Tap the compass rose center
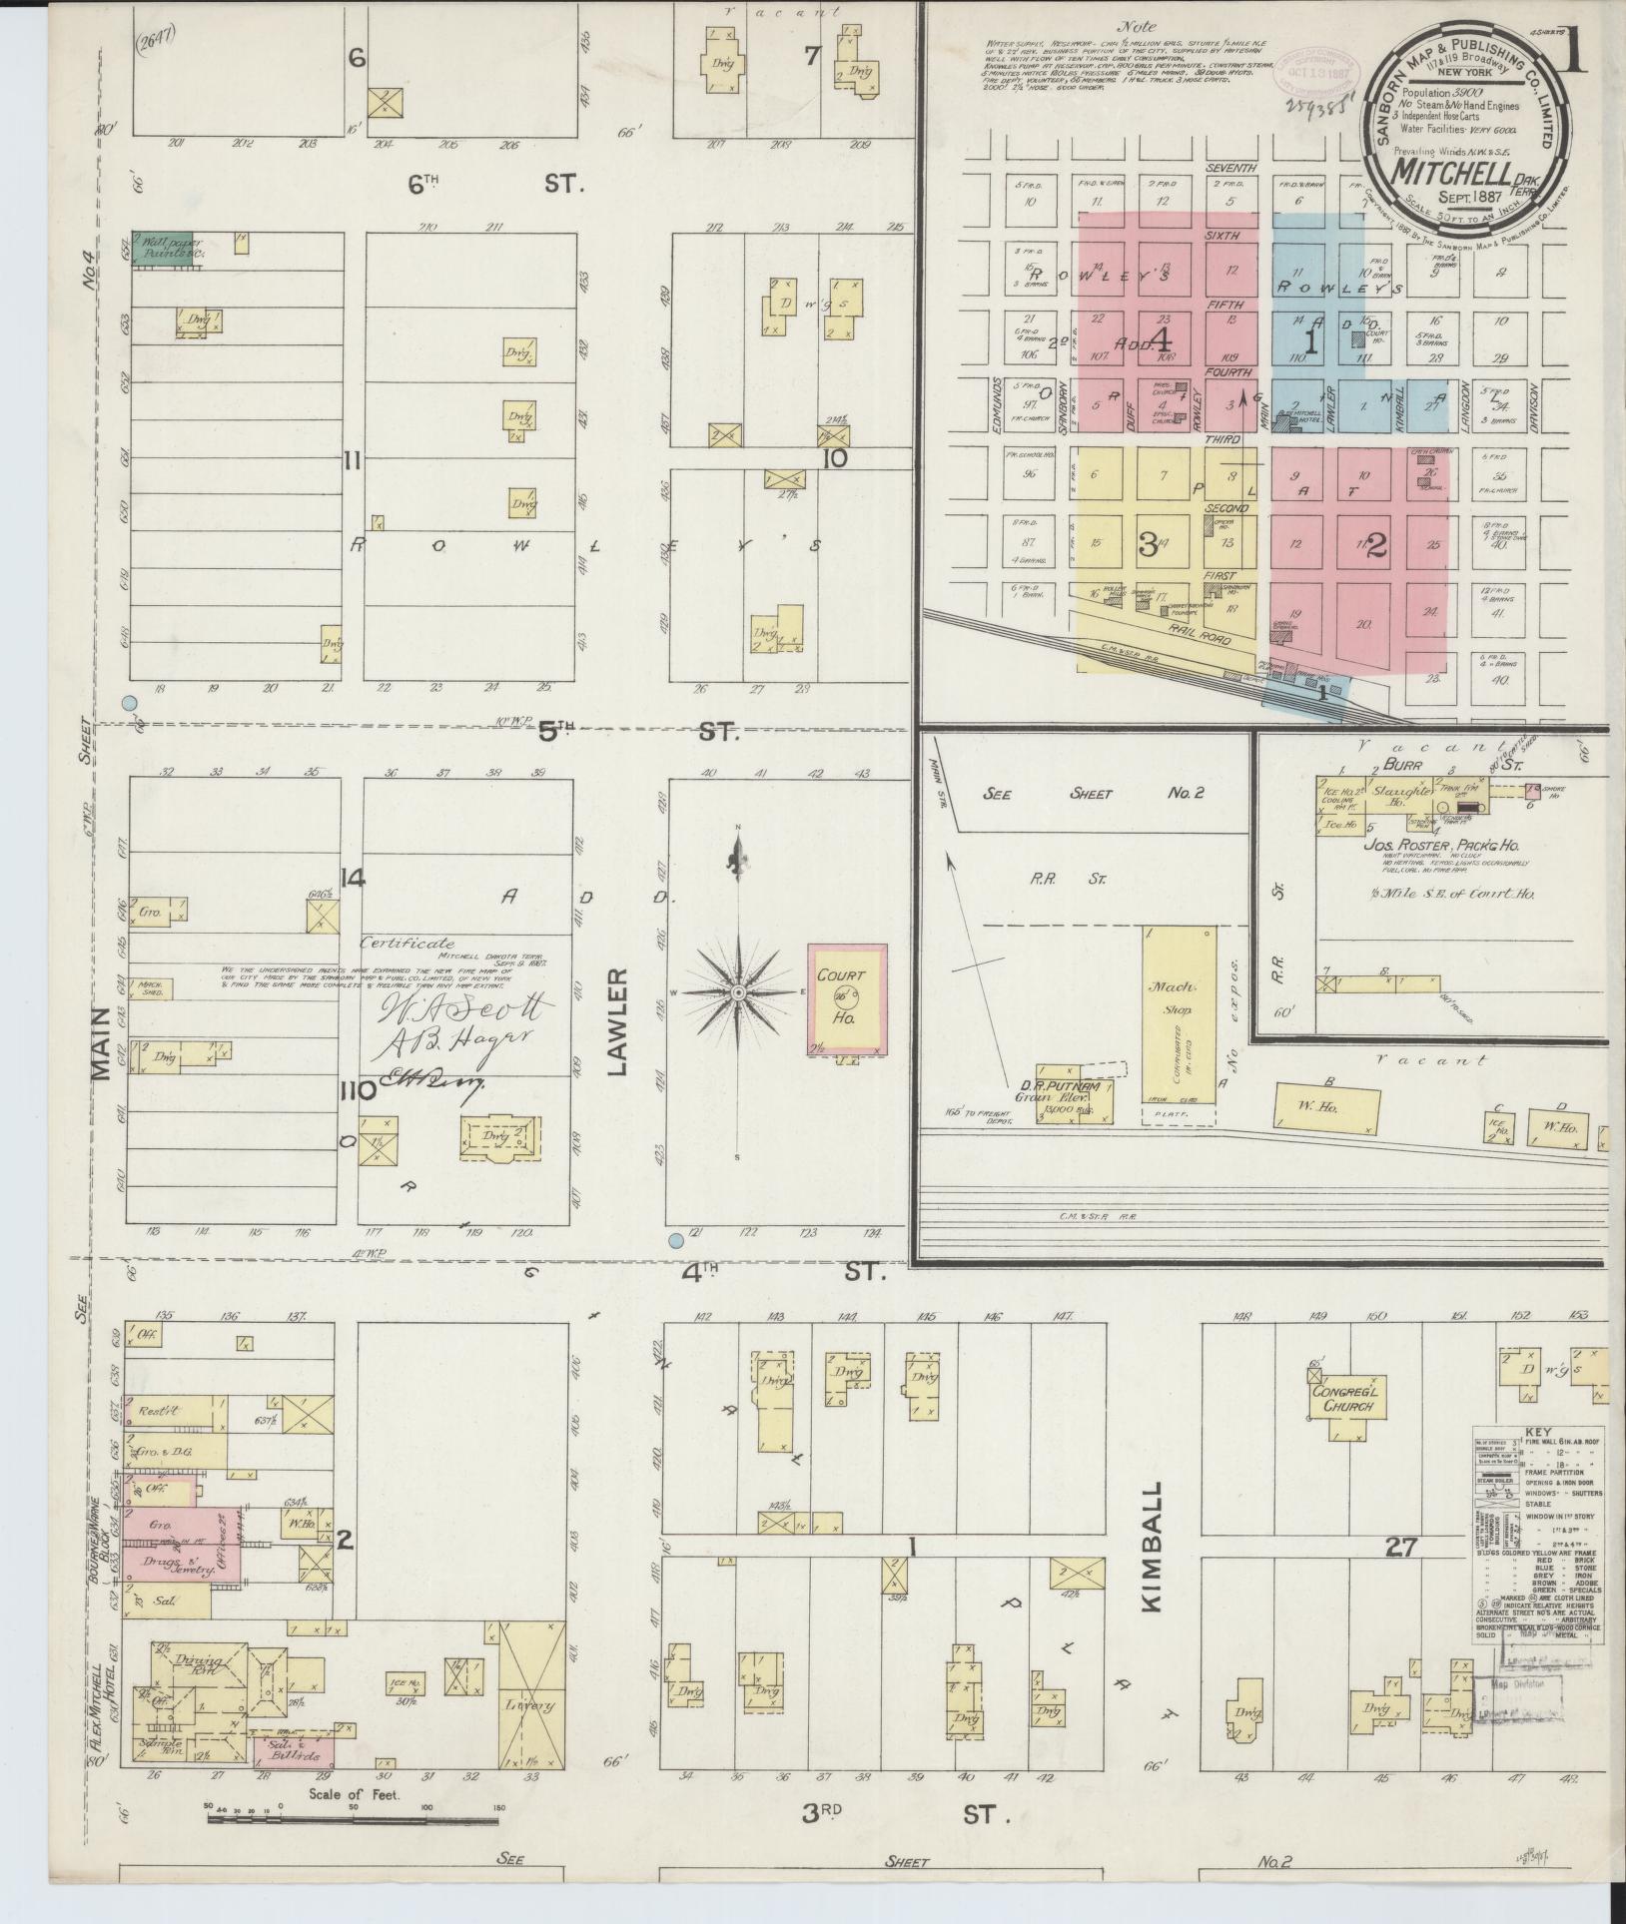coord(737,992)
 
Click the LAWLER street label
coord(616,1021)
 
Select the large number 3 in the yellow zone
coord(1148,544)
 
